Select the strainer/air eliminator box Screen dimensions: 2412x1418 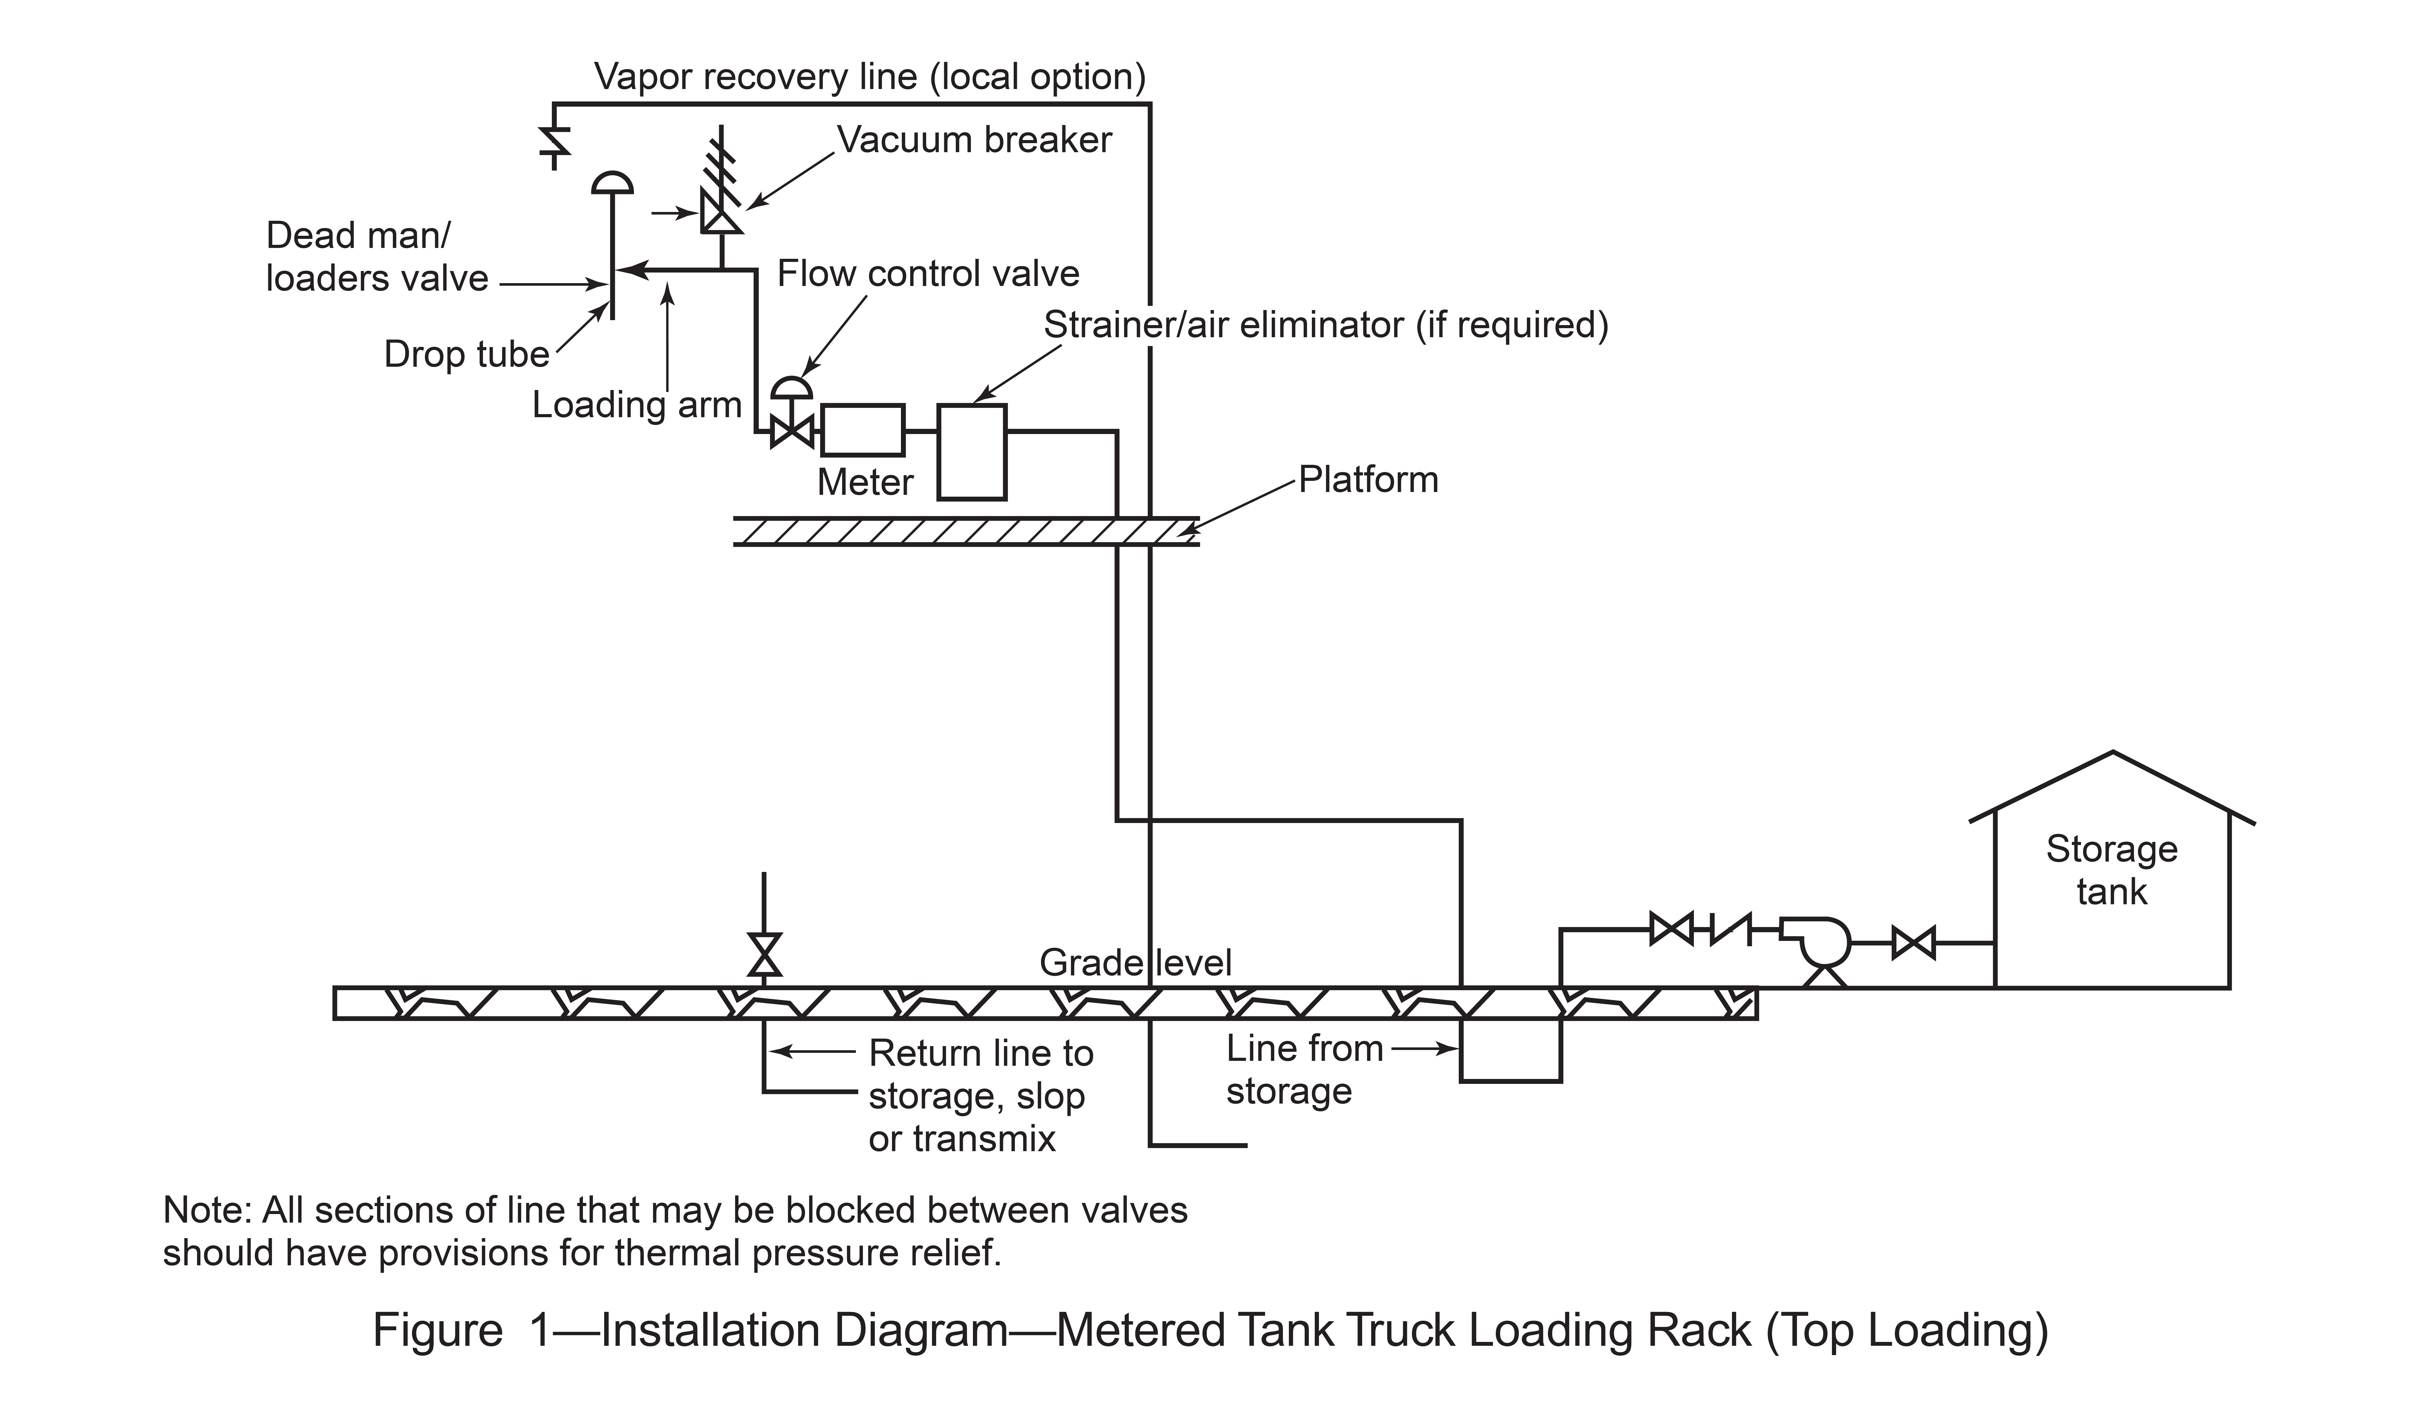point(971,452)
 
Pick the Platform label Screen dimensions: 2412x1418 point(1368,479)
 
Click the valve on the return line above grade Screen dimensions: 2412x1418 point(764,954)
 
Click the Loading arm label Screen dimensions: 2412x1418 point(637,405)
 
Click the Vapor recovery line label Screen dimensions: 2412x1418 point(870,77)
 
